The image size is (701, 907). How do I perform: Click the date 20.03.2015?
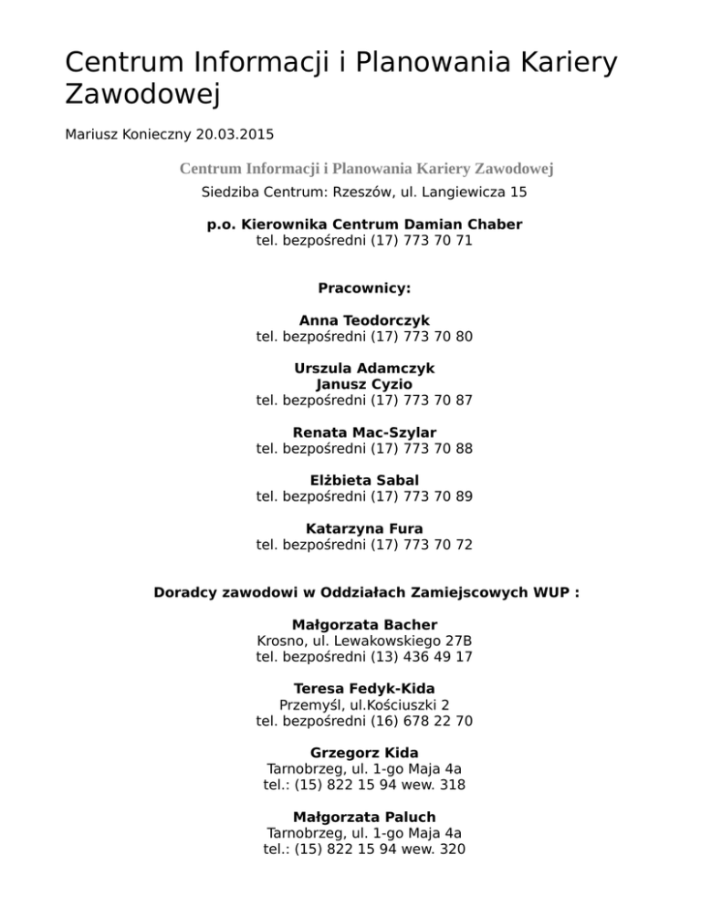click(236, 134)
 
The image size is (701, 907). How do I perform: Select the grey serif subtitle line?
click(365, 168)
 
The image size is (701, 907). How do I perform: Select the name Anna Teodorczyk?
click(364, 320)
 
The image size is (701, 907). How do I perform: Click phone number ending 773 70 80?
click(364, 337)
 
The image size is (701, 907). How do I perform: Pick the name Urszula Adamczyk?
click(364, 369)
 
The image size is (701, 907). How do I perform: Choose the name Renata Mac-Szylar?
click(364, 432)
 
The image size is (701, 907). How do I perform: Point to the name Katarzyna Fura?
click(364, 528)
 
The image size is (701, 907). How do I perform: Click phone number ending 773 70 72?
click(364, 545)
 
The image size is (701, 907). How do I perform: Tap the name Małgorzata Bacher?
click(364, 625)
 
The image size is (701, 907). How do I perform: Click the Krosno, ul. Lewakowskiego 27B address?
click(364, 641)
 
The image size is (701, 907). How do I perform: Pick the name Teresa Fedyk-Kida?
click(364, 689)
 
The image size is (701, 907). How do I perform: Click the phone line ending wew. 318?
click(364, 785)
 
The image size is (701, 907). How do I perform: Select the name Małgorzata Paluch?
click(364, 817)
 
